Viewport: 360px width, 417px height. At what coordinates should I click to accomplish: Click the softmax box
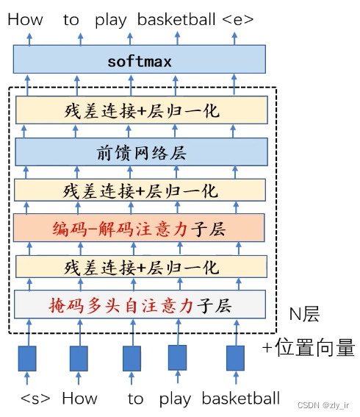pos(140,59)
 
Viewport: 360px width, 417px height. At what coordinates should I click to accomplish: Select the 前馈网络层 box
pos(141,152)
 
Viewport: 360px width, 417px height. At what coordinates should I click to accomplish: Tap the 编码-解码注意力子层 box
pos(139,228)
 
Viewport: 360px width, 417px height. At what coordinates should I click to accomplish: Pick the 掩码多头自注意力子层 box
pos(140,304)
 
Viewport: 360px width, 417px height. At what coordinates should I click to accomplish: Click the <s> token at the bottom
pos(35,399)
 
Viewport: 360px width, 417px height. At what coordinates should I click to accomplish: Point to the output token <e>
pos(237,20)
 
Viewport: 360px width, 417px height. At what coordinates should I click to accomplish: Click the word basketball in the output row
pos(176,19)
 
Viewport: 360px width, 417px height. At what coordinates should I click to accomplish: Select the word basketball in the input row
pos(241,398)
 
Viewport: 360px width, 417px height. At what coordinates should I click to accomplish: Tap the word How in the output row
pos(25,20)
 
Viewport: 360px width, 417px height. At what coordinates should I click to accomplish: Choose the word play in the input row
pos(175,399)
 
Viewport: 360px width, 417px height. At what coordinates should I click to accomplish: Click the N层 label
pos(304,314)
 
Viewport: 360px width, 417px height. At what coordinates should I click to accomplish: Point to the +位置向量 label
pos(309,347)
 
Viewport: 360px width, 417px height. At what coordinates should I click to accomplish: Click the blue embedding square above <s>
pos(27,358)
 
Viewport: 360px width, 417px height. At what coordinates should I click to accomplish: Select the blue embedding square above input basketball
pos(235,358)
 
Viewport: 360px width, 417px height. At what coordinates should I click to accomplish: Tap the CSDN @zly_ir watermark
pos(323,405)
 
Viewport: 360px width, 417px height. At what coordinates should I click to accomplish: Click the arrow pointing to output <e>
pos(234,38)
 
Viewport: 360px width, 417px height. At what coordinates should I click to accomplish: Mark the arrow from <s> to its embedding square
pos(27,378)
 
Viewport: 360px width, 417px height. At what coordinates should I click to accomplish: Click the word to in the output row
pos(71,20)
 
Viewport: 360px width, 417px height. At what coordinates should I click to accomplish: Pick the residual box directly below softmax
pos(142,110)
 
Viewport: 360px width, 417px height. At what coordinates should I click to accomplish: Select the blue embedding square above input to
pos(132,358)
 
